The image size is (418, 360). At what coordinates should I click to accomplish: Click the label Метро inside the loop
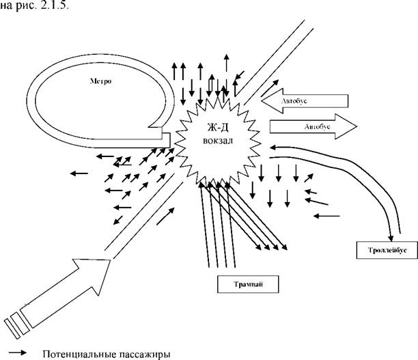point(100,81)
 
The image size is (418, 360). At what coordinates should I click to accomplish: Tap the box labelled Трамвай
point(248,284)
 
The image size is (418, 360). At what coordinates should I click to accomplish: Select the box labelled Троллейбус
point(387,250)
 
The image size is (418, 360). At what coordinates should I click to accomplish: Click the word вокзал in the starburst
point(218,140)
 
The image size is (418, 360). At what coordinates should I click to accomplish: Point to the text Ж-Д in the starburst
point(218,128)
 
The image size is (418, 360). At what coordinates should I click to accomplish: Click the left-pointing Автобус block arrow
point(305,101)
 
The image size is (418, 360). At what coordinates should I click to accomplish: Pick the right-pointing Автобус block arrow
point(313,126)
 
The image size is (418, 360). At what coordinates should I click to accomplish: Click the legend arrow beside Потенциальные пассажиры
point(18,352)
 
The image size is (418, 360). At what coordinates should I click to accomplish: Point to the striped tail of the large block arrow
point(16,325)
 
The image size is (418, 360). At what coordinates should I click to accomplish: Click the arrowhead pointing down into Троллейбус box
point(391,238)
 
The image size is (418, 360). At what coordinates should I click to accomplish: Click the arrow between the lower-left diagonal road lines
point(165,217)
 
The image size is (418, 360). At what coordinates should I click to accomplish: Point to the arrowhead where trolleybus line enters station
point(273,147)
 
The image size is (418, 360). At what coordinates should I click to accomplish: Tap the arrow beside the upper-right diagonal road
point(270,88)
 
